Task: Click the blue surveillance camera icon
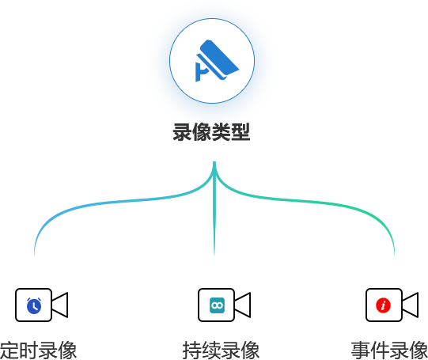coord(217,61)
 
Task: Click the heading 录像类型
coord(211,132)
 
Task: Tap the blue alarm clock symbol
coord(34,305)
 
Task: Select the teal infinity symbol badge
coord(217,305)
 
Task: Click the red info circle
coord(383,305)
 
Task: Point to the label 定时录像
coord(38,351)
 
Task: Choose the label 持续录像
coord(221,351)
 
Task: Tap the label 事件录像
coord(389,351)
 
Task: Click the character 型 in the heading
coord(241,132)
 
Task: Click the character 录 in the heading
coord(182,132)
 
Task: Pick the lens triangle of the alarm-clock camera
coord(59,305)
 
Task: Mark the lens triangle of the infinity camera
coord(242,305)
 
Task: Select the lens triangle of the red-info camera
coord(410,305)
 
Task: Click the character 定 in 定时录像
coord(9,351)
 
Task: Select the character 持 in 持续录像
coord(192,351)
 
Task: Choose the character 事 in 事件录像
coord(361,351)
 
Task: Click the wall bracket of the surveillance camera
coord(202,72)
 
